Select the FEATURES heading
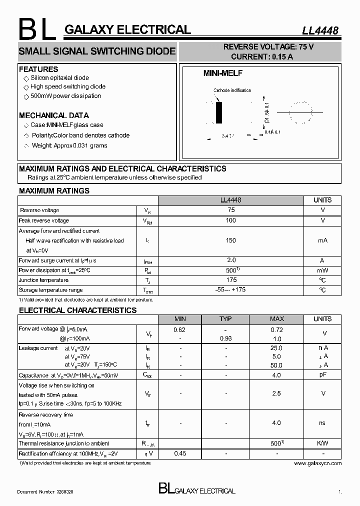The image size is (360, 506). click(x=38, y=69)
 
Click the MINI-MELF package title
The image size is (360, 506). click(x=222, y=73)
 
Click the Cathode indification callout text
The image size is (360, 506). click(x=232, y=90)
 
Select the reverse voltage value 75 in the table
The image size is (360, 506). click(x=231, y=210)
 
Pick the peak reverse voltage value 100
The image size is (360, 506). click(x=231, y=220)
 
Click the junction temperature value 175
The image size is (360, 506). click(x=231, y=280)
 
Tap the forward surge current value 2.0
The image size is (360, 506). click(x=231, y=260)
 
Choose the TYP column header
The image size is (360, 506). click(x=225, y=319)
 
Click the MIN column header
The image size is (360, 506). click(x=180, y=319)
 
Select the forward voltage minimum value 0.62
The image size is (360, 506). click(x=179, y=330)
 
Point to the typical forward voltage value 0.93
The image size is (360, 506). click(x=225, y=338)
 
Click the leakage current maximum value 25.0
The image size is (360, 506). click(x=276, y=348)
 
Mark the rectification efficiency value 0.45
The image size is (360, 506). click(x=179, y=453)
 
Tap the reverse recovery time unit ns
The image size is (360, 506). click(x=322, y=423)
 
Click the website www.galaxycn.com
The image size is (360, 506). click(x=317, y=463)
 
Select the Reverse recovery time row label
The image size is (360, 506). click(x=46, y=415)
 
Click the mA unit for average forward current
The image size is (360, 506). click(x=322, y=240)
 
